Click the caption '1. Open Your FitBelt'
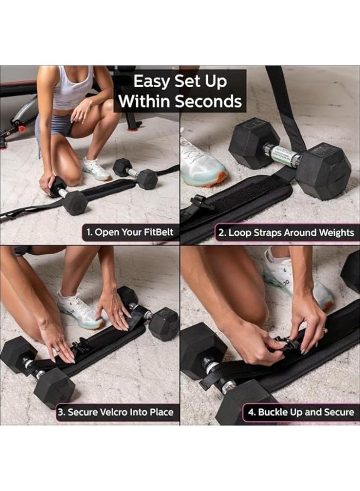point(130,232)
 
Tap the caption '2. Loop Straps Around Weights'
point(286,233)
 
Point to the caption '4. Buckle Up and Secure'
point(300,412)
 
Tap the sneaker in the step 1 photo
point(97,170)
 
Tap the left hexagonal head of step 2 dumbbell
point(254,143)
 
